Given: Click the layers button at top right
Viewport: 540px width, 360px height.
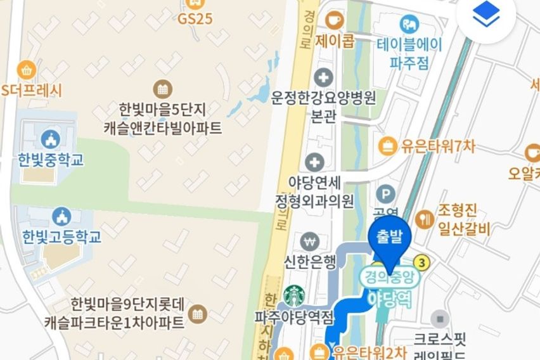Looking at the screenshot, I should [x=486, y=16].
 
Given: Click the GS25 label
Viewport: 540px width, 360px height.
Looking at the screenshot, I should [x=195, y=18].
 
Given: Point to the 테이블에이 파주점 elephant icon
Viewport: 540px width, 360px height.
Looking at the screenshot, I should [x=409, y=25].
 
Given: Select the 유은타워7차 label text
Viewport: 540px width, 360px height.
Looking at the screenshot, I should [x=437, y=146].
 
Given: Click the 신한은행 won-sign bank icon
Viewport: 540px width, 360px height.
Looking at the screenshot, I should [x=309, y=240].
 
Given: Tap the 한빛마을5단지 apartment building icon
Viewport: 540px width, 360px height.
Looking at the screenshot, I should [x=163, y=88].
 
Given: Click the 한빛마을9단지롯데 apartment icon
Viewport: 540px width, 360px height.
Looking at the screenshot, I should [x=198, y=313].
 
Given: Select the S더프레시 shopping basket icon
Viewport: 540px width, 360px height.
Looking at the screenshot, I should [x=27, y=69].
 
